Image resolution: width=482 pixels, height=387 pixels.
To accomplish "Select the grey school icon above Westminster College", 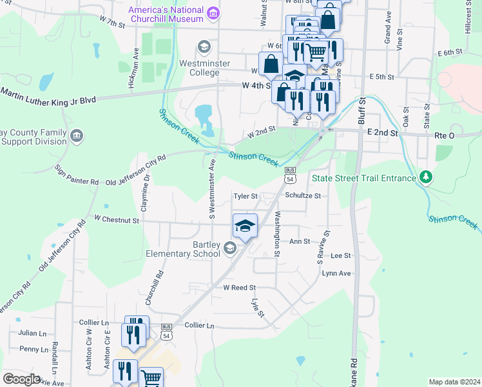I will (x=204, y=46).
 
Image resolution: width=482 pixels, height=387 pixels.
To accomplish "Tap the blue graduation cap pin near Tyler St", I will (x=245, y=226).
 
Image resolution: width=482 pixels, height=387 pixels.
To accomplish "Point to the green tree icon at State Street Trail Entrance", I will (x=425, y=177).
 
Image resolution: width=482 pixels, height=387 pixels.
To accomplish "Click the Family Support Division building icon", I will (x=77, y=135).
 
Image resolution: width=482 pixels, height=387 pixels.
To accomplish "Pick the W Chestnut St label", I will (x=117, y=220).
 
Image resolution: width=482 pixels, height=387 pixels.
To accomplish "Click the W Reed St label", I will (x=239, y=287).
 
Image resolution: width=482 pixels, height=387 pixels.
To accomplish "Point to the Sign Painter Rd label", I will (x=77, y=174).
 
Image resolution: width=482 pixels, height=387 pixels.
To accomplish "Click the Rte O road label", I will (x=445, y=135).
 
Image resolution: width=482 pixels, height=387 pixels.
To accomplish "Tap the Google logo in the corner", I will (x=22, y=379).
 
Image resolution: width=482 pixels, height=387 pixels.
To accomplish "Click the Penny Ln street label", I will (x=34, y=349).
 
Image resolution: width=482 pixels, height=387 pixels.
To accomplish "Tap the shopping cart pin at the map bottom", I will (x=151, y=378).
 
